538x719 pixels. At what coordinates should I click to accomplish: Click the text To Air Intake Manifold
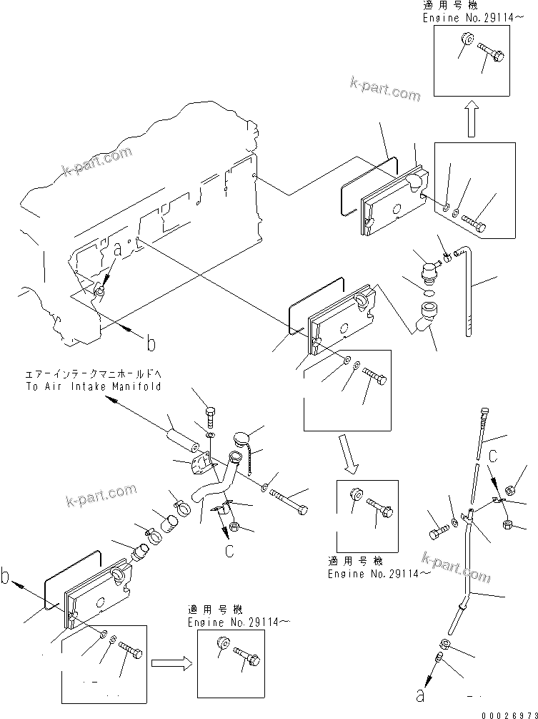click(93, 386)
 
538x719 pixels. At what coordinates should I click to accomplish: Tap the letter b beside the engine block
click(150, 344)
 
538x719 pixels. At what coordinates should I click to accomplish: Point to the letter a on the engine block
click(118, 250)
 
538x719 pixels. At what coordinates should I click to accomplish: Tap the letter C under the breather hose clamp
click(229, 551)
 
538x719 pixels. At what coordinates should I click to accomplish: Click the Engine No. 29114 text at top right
click(457, 18)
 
